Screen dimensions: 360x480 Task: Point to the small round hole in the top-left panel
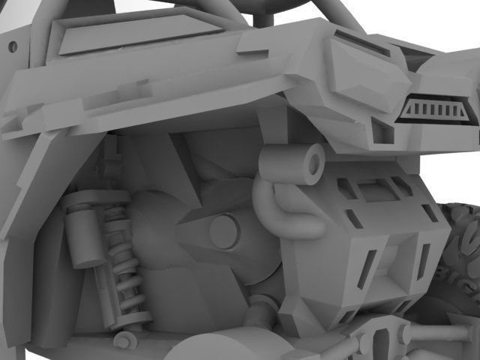tap(12, 46)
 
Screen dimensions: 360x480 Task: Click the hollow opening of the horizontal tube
tap(309, 158)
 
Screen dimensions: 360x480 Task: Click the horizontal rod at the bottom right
tap(442, 330)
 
